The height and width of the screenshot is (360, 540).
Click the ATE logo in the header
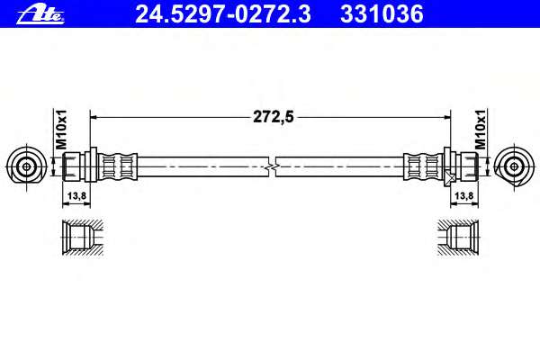pyautogui.click(x=40, y=14)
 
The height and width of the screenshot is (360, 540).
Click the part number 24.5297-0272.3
pyautogui.click(x=223, y=14)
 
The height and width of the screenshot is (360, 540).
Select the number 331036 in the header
pyautogui.click(x=382, y=14)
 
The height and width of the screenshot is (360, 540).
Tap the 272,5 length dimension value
pyautogui.click(x=274, y=117)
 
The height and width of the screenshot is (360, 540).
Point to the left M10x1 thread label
pyautogui.click(x=61, y=130)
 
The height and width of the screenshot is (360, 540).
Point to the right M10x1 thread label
pyautogui.click(x=481, y=130)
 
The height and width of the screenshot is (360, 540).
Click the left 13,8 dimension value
pyautogui.click(x=76, y=195)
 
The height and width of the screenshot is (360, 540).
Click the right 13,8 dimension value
pyautogui.click(x=463, y=195)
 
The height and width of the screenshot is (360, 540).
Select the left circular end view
pyautogui.click(x=26, y=167)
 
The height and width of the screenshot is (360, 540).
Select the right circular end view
pyautogui.click(x=515, y=167)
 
